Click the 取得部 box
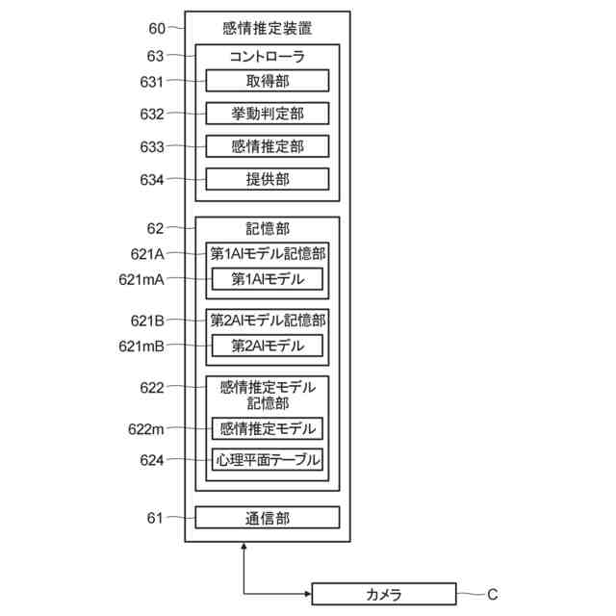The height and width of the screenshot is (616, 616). click(x=268, y=81)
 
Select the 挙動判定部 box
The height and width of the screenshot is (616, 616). click(x=268, y=114)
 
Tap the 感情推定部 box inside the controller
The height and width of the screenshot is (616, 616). click(x=268, y=146)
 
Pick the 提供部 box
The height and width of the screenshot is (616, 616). click(x=268, y=179)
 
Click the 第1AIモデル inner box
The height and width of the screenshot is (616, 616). click(x=268, y=280)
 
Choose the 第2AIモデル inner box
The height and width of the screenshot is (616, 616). click(x=268, y=345)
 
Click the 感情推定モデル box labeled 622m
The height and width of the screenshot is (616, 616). click(x=268, y=428)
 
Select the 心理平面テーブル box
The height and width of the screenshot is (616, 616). click(x=268, y=459)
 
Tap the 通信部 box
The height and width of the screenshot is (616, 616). click(x=268, y=518)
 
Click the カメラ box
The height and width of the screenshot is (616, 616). click(x=383, y=594)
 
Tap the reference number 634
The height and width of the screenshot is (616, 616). click(x=152, y=179)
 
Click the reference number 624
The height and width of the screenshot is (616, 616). click(x=152, y=459)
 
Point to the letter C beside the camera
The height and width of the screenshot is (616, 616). click(x=492, y=594)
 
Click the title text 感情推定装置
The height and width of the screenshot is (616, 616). click(x=268, y=28)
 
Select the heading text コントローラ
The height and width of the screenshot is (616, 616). click(x=268, y=57)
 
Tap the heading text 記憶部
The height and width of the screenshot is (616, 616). click(x=268, y=229)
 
